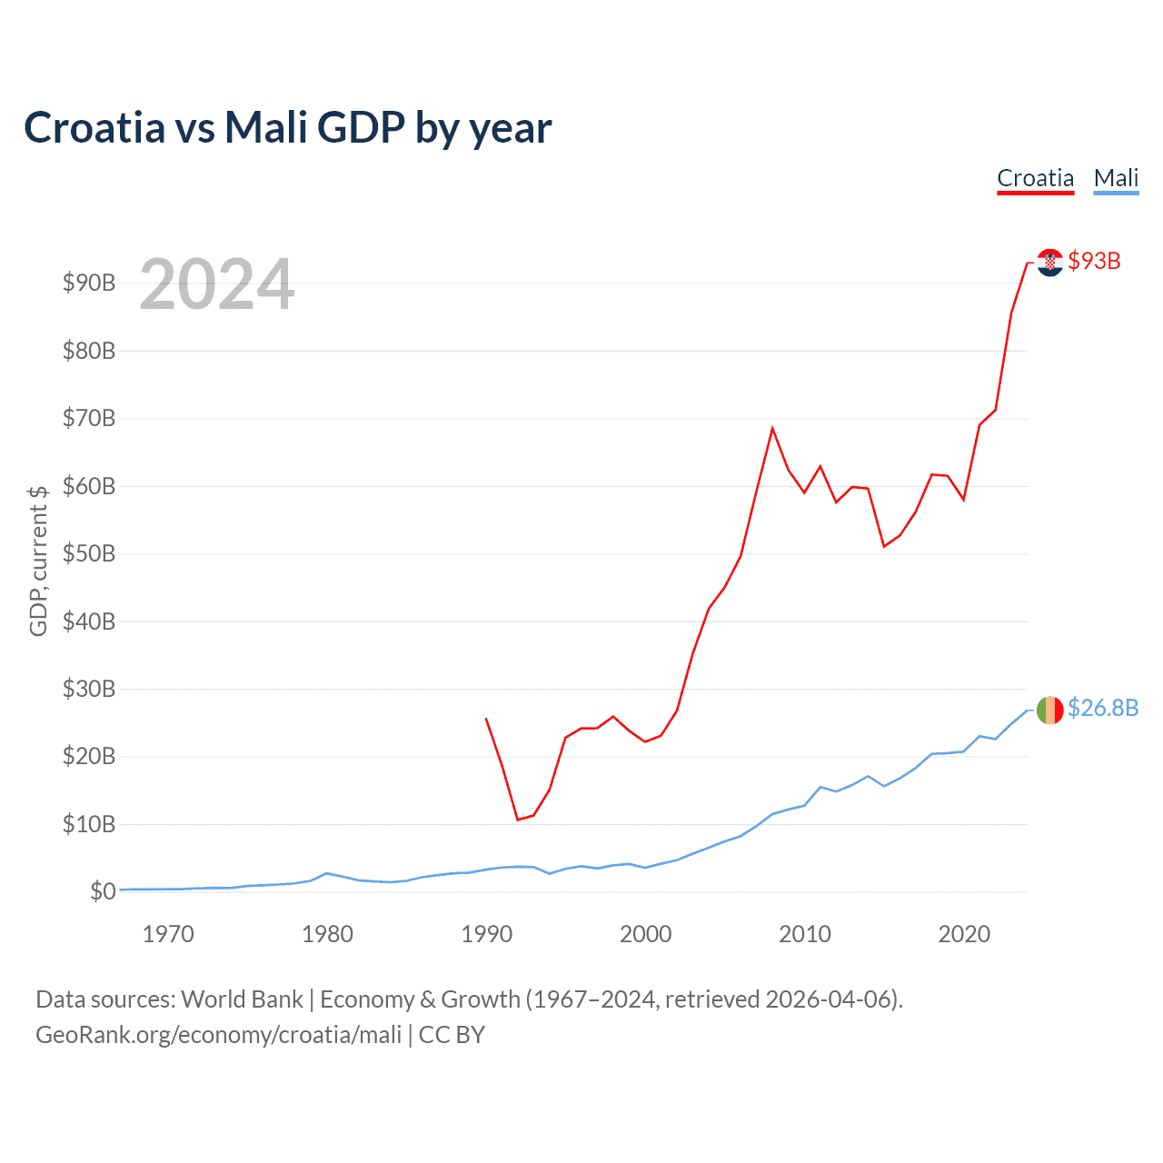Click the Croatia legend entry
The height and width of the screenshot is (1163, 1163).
click(x=1035, y=178)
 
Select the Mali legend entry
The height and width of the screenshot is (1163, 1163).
click(x=1116, y=178)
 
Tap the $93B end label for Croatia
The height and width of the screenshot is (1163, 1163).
click(x=1094, y=261)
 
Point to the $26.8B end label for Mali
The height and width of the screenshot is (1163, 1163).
click(x=1102, y=708)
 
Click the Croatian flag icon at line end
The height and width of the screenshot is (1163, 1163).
click(x=1050, y=263)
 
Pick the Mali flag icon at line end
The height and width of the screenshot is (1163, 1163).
click(x=1050, y=710)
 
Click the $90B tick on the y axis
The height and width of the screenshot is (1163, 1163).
click(x=89, y=283)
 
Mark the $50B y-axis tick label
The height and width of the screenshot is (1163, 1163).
click(x=89, y=553)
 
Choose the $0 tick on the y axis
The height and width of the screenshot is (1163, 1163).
click(x=103, y=891)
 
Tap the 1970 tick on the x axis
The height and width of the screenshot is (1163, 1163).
click(x=168, y=934)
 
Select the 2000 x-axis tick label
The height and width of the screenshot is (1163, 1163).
click(x=645, y=934)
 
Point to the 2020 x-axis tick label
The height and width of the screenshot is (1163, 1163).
click(x=963, y=934)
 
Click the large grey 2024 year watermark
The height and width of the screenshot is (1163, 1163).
click(x=216, y=285)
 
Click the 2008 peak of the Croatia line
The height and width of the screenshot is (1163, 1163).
click(x=772, y=428)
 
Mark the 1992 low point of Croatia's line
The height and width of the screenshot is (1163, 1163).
click(x=518, y=820)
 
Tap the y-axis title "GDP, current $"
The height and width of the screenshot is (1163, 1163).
click(x=38, y=561)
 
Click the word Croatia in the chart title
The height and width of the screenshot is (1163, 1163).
click(x=94, y=127)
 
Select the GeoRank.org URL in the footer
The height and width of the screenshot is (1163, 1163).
click(x=218, y=1035)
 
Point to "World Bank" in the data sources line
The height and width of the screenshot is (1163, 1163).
click(x=242, y=999)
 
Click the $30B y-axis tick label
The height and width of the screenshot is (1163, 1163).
click(x=89, y=689)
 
